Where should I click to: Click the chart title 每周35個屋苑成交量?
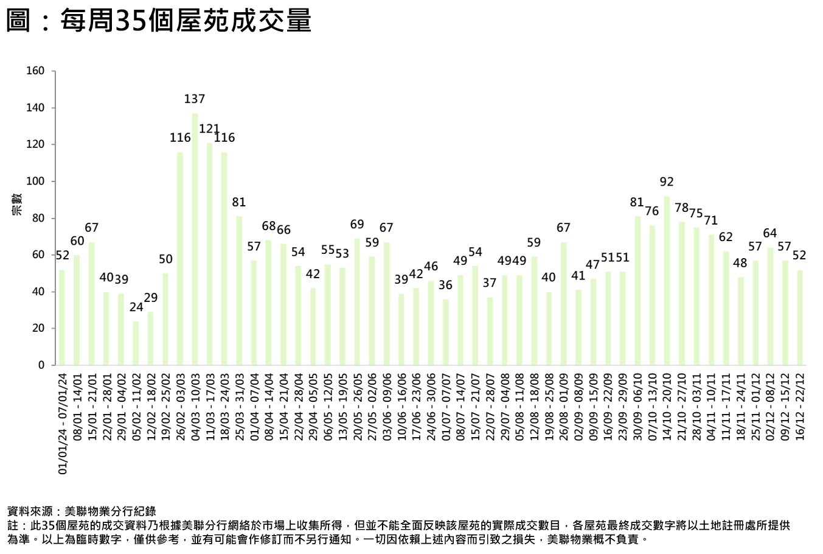[159, 19]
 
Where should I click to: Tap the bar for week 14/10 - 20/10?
[667, 280]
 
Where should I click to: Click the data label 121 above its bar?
[209, 128]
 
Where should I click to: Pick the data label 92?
[667, 181]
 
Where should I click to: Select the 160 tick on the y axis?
[36, 71]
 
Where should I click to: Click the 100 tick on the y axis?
[36, 181]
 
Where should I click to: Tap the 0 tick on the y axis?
[41, 365]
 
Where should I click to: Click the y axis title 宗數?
[16, 204]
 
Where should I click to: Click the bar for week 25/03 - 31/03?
[239, 290]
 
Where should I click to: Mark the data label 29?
[151, 298]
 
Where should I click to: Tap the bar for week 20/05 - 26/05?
[357, 301]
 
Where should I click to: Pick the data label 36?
[446, 285]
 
